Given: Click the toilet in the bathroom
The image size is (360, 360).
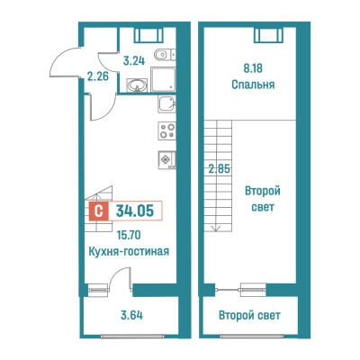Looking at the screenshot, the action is (165, 55).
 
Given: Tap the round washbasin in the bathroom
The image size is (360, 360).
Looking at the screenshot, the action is (137, 85).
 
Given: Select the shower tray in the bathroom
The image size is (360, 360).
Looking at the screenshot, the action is (163, 79).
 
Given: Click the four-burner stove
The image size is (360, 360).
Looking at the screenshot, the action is (166, 130).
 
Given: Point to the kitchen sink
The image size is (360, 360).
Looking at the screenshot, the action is (166, 104).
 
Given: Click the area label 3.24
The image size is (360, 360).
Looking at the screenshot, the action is (134, 60).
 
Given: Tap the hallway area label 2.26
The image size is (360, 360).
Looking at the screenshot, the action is (98, 76).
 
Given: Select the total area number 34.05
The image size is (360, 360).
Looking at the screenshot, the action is (135, 211).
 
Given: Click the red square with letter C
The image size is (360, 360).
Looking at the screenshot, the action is (98, 211).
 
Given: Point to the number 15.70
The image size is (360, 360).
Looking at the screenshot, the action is (129, 235).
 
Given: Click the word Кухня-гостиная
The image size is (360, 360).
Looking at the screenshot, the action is (129, 251).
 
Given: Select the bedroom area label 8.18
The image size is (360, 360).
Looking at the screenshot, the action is (253, 68).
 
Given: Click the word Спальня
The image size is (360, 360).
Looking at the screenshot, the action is (253, 85).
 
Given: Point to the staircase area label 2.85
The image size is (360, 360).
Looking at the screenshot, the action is (220, 169).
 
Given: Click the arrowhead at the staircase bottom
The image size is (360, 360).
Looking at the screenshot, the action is (215, 229).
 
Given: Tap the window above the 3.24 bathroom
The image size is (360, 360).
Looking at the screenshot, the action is (148, 35).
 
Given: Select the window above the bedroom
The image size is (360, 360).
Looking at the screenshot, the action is (268, 35).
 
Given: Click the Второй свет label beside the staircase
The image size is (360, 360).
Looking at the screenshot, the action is (263, 199).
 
